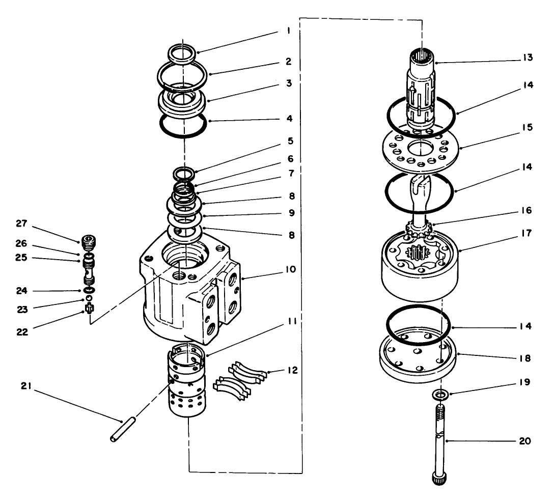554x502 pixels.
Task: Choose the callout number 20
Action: tap(525, 441)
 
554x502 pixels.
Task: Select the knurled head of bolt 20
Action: tap(439, 479)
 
